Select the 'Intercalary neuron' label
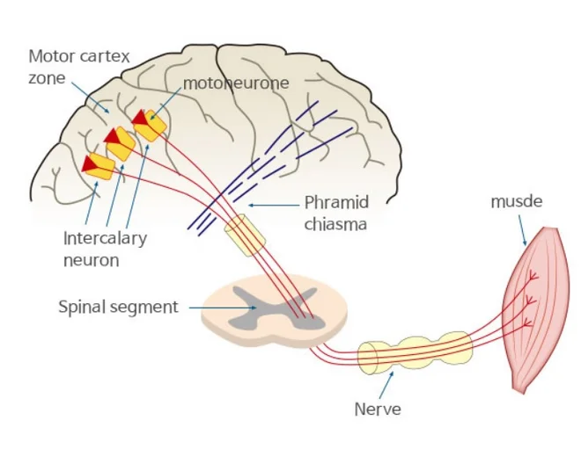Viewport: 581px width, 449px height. point(105,249)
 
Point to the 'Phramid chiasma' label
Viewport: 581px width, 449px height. point(336,213)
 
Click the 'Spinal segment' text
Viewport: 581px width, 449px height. point(118,308)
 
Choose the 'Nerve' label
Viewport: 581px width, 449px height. point(378,409)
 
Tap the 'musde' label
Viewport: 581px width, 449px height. point(517,202)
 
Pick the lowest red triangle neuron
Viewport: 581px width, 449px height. point(90,163)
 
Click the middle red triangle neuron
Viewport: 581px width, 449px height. point(114,137)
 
